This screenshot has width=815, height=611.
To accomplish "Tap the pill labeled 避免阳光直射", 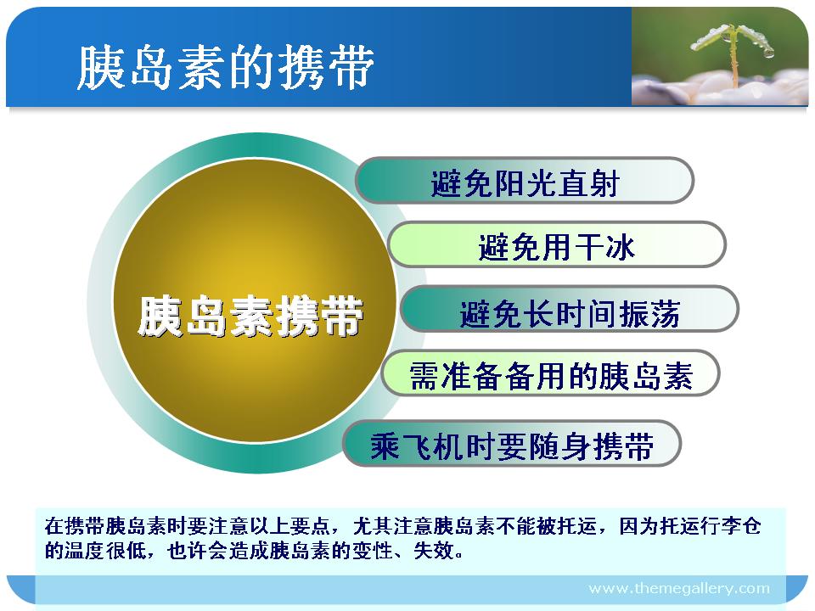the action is pyautogui.click(x=525, y=180).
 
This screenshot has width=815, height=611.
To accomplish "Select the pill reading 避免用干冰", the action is pyautogui.click(x=557, y=244).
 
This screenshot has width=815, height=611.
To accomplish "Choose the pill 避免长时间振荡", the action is pyautogui.click(x=570, y=309).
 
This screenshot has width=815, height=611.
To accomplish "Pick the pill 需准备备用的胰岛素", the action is pyautogui.click(x=550, y=373).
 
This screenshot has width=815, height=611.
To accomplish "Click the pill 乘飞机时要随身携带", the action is pyautogui.click(x=512, y=444).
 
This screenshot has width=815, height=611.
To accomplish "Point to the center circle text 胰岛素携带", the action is pyautogui.click(x=250, y=316).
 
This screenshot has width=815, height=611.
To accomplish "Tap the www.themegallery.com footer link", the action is pyautogui.click(x=679, y=589).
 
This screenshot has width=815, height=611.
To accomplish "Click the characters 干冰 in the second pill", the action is pyautogui.click(x=604, y=247).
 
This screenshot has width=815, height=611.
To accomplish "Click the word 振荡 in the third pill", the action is pyautogui.click(x=649, y=313).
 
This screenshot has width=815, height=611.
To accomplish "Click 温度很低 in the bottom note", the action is pyautogui.click(x=105, y=550).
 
